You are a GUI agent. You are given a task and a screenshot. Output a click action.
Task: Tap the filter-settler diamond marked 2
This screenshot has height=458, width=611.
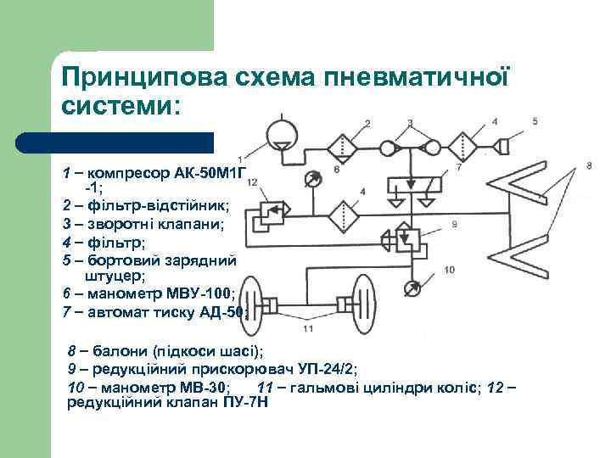point(343,147)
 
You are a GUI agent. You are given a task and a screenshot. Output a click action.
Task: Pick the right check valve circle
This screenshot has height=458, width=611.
point(431,147)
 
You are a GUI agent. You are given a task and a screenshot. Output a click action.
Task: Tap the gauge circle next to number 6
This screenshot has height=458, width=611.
point(312,179)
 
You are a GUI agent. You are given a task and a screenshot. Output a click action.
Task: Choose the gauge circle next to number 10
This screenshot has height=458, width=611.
point(413,288)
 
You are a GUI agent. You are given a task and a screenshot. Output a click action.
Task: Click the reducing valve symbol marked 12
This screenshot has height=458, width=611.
point(272,215)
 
